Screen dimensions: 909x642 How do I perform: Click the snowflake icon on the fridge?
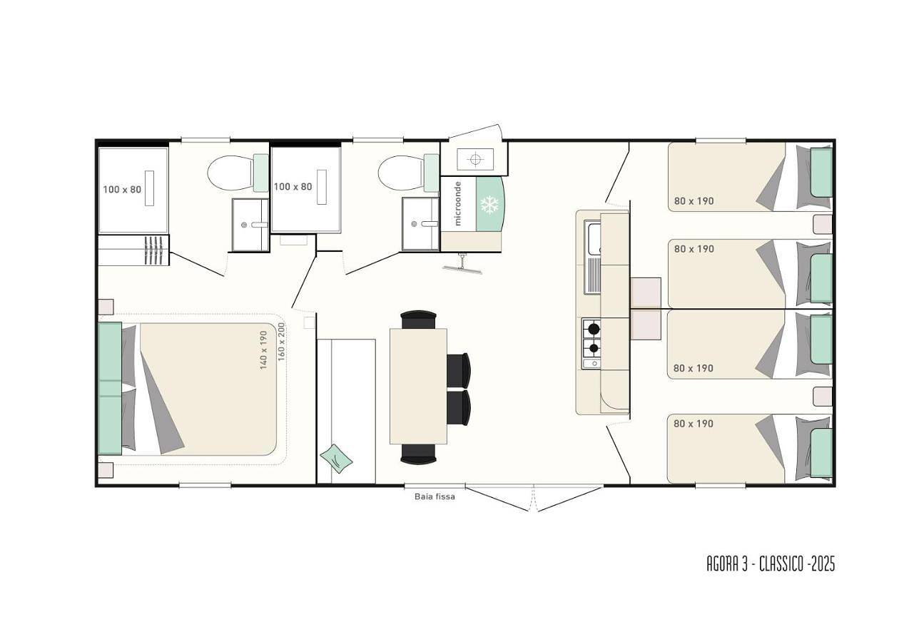[x=489, y=205]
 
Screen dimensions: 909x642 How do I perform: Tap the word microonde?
[x=458, y=203]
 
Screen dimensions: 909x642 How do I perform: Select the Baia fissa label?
[x=435, y=496]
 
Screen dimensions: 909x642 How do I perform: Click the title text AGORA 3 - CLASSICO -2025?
[x=771, y=564]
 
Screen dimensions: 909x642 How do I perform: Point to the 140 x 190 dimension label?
[x=264, y=350]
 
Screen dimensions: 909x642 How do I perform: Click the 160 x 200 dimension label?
[x=282, y=342]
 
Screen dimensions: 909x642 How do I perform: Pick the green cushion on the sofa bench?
[x=336, y=459]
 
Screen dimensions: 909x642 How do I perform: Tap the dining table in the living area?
[x=418, y=387]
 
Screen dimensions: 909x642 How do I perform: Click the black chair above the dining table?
[x=419, y=320]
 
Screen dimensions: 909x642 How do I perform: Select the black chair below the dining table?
[x=419, y=453]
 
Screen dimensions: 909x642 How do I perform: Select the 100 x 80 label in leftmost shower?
[x=122, y=190]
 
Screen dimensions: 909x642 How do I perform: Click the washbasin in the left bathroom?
[x=250, y=225]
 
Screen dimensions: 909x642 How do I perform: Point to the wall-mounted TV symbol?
[x=462, y=265]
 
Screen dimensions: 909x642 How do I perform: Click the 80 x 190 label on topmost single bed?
[x=694, y=201]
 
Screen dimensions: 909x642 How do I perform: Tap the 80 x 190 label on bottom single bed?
[x=693, y=424]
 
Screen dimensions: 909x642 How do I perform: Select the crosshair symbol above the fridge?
[x=475, y=160]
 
